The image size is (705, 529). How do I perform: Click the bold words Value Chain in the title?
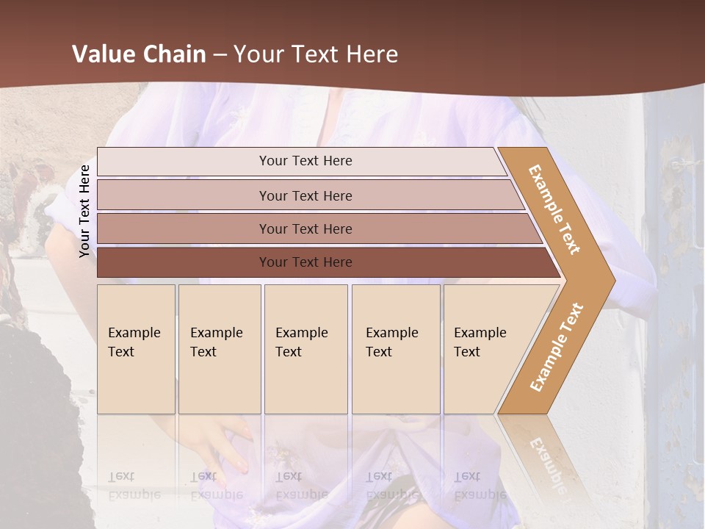tap(139, 54)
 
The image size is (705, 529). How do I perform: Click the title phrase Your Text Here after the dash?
tap(316, 54)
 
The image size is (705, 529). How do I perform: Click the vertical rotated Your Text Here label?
tap(84, 212)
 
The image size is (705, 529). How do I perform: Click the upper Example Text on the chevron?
tap(554, 209)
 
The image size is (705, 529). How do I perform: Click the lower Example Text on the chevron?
tap(557, 348)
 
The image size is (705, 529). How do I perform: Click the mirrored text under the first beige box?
tap(134, 486)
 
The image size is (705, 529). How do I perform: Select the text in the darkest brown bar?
tap(305, 262)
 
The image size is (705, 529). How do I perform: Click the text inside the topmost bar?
tap(305, 161)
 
